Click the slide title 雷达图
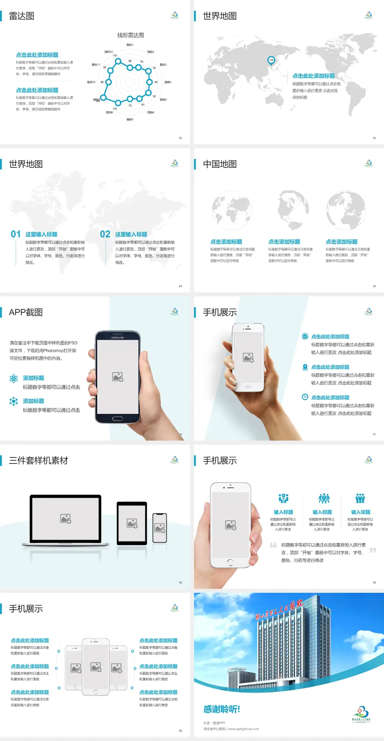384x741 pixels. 22,16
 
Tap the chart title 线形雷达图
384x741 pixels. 130,35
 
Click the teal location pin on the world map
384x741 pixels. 271,60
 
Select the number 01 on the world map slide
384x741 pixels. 16,234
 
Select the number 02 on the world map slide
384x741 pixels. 105,234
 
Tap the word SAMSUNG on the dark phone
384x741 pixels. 117,338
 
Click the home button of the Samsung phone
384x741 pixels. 117,419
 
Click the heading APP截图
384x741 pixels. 26,312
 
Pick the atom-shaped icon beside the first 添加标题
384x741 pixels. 14,379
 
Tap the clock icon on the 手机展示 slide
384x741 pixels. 305,397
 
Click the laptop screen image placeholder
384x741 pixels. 66,519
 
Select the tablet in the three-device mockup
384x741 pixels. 132,523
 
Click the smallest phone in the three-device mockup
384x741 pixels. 160,528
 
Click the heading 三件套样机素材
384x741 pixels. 38,461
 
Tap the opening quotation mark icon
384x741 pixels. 273,545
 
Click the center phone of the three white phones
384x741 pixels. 96,666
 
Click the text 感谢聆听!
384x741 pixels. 221,709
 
